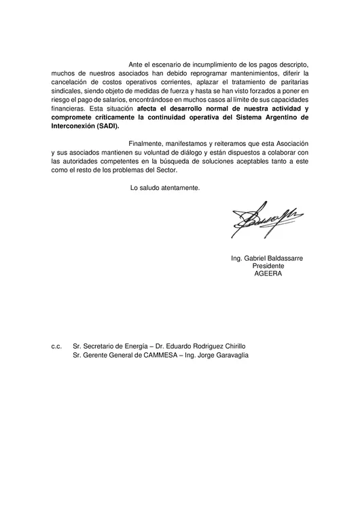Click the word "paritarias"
point(292,81)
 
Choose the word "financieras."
point(69,108)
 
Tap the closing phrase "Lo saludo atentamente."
point(165,188)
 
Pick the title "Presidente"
point(268,266)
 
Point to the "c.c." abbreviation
point(56,346)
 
